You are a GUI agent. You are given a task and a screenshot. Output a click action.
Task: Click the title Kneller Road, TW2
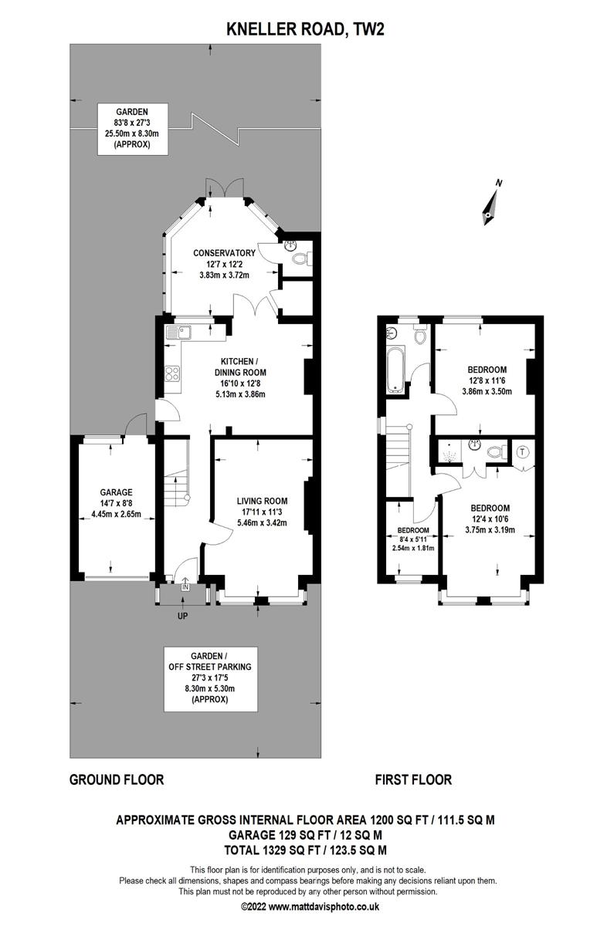pyautogui.click(x=298, y=30)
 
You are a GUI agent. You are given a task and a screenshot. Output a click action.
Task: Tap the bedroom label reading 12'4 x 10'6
pyautogui.click(x=490, y=519)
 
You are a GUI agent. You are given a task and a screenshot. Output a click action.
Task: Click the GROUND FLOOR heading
pyautogui.click(x=117, y=779)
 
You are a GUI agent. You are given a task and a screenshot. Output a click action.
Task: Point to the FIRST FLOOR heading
pyautogui.click(x=413, y=779)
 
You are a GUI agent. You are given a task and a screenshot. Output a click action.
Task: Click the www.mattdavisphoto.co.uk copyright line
pyautogui.click(x=298, y=907)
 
